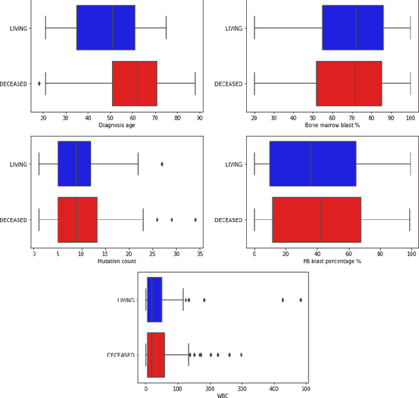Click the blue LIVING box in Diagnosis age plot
tap(105, 27)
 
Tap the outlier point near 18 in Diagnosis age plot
tap(39, 83)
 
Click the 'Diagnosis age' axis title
tap(117, 124)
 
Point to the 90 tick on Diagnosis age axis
tap(200, 117)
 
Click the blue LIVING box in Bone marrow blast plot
tap(352, 27)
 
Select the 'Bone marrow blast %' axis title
tap(333, 124)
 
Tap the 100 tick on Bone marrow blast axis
tap(410, 117)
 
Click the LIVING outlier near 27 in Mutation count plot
tap(162, 164)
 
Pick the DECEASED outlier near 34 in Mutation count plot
tap(195, 219)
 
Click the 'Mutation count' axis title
tap(117, 261)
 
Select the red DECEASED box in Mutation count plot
tap(77, 219)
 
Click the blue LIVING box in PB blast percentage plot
tap(312, 164)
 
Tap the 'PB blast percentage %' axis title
tap(332, 261)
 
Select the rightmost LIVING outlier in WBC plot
tap(301, 300)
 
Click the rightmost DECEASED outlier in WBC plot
tap(241, 355)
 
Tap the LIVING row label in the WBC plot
tap(126, 300)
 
